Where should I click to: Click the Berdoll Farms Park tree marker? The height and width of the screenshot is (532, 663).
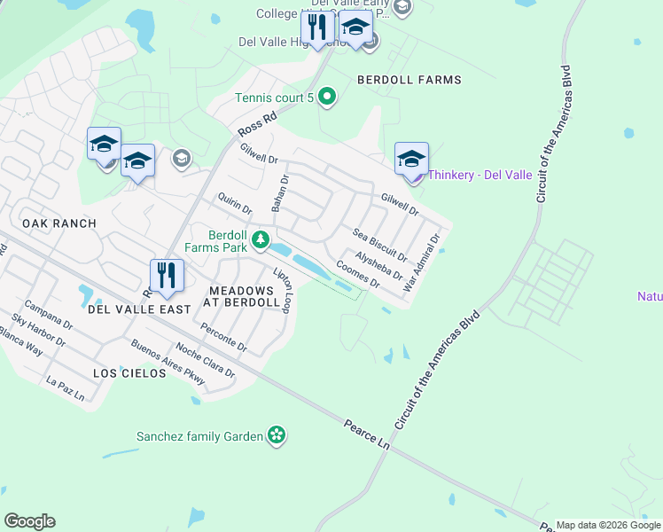pyautogui.click(x=261, y=239)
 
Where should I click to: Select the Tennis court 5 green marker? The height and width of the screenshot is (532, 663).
pyautogui.click(x=326, y=97)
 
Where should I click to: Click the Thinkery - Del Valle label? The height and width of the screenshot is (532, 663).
pyautogui.click(x=480, y=175)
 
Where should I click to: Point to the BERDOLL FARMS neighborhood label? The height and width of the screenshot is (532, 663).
pyautogui.click(x=409, y=80)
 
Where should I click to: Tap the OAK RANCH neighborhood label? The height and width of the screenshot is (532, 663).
pyautogui.click(x=58, y=223)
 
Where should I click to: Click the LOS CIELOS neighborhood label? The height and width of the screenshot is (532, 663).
pyautogui.click(x=129, y=373)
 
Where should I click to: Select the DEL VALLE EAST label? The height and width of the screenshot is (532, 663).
pyautogui.click(x=139, y=309)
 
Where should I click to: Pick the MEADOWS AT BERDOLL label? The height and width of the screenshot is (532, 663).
pyautogui.click(x=241, y=297)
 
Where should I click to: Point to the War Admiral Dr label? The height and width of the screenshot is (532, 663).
pyautogui.click(x=421, y=263)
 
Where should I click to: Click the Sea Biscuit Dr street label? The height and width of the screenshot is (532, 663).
pyautogui.click(x=379, y=245)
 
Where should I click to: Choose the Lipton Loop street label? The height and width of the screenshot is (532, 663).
pyautogui.click(x=283, y=290)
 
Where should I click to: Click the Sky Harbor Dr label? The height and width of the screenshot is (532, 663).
pyautogui.click(x=38, y=330)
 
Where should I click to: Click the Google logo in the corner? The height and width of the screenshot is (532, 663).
pyautogui.click(x=29, y=521)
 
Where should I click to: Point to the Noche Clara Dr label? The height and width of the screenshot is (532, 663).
pyautogui.click(x=206, y=361)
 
